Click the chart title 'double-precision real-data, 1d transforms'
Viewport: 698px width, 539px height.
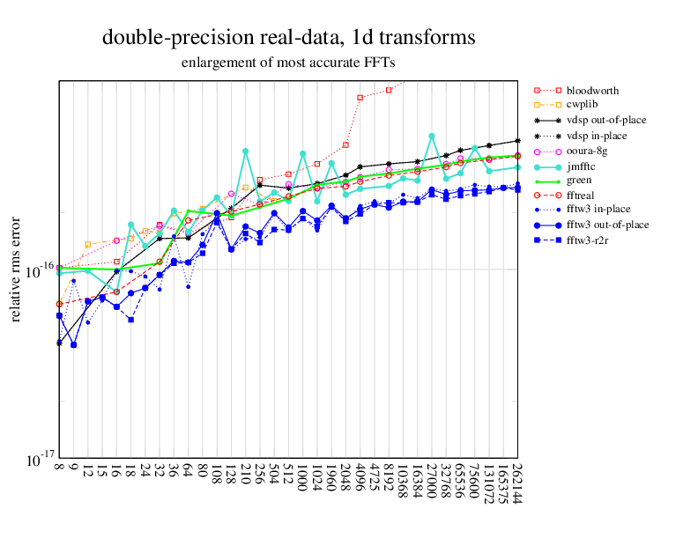[x=289, y=38]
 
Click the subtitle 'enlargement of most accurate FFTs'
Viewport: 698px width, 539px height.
[x=288, y=63]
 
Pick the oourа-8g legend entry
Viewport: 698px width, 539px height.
[x=587, y=151]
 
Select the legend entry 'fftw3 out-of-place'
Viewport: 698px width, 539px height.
[x=608, y=225]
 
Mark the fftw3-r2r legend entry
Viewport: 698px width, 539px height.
[x=590, y=240]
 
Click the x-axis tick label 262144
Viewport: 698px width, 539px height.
[x=517, y=484]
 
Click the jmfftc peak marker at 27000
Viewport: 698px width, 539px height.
[x=432, y=137]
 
